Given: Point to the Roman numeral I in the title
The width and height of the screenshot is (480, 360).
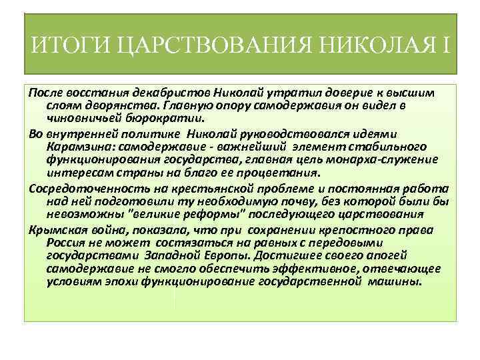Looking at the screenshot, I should point(445,46).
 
